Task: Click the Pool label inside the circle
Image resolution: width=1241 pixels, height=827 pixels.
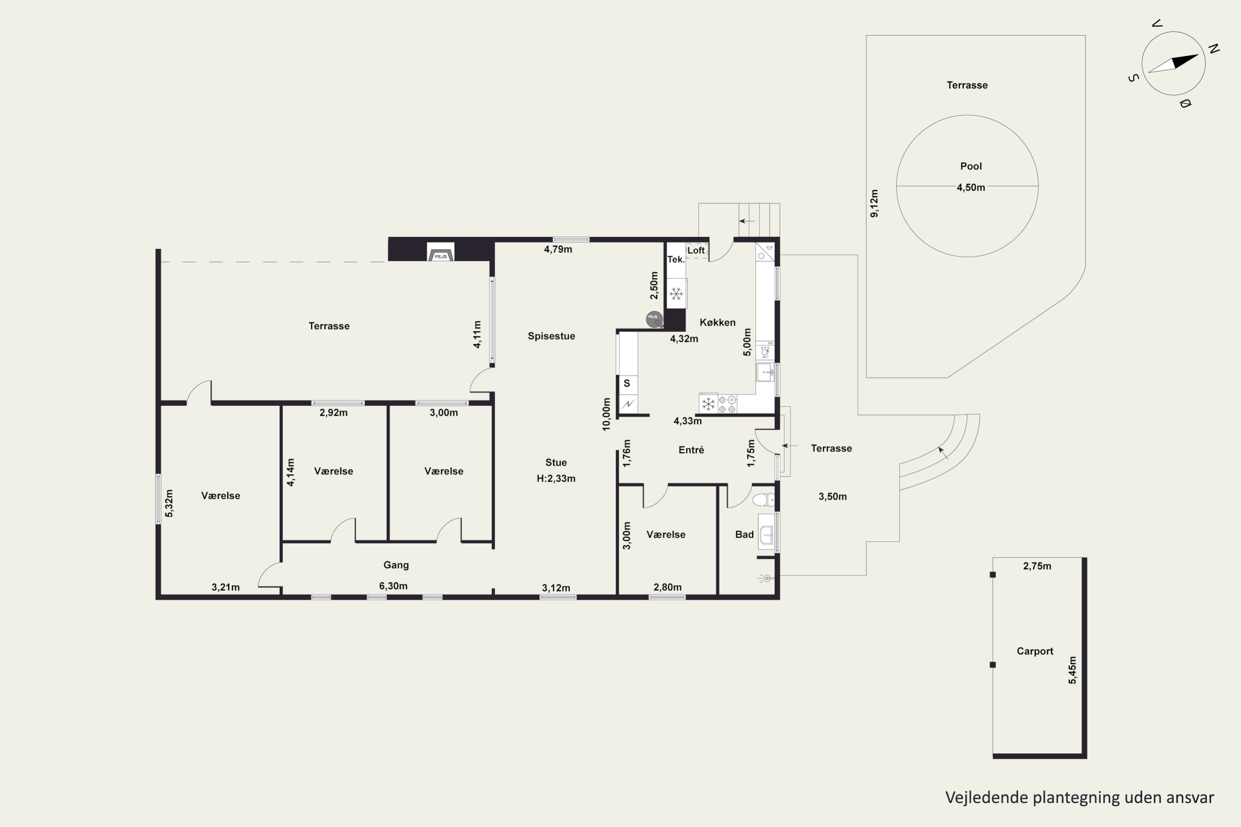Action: (971, 166)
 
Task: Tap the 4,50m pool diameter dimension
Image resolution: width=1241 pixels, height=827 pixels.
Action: (971, 187)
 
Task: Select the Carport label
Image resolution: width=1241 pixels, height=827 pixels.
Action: (1035, 651)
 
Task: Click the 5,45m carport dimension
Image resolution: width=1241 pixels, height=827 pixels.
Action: (1072, 670)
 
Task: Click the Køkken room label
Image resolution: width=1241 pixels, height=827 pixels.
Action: (718, 322)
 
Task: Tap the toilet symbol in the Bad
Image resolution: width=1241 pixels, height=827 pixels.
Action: (763, 500)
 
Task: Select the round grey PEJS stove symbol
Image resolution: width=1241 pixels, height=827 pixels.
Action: (654, 319)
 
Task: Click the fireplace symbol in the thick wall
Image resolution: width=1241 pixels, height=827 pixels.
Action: (441, 252)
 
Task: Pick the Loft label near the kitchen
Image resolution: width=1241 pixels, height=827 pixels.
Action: (696, 251)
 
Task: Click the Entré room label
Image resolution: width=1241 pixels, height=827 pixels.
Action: (691, 450)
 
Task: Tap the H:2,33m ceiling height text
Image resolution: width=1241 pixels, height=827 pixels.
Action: (556, 479)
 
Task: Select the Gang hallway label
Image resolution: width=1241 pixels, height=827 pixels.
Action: (396, 565)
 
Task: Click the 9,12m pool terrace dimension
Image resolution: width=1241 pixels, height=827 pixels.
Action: (874, 203)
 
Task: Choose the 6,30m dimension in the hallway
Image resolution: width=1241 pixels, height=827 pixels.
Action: (393, 586)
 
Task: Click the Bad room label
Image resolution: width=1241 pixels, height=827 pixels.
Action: (745, 535)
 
